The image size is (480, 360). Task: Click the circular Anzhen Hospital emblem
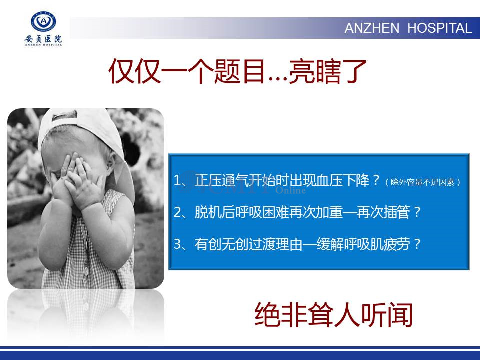(x=44, y=21)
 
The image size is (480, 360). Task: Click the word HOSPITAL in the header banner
(x=439, y=28)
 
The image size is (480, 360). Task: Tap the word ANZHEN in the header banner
(x=372, y=28)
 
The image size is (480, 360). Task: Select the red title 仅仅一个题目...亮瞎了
(x=237, y=72)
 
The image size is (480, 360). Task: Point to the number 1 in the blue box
(x=177, y=180)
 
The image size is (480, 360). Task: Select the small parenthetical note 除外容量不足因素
(x=423, y=182)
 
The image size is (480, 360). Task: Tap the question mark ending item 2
(x=416, y=212)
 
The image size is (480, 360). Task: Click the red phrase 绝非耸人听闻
(x=333, y=315)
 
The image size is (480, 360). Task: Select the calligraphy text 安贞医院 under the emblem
(x=43, y=39)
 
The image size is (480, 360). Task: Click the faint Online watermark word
(x=290, y=190)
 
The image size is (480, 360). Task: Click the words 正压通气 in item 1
(x=221, y=180)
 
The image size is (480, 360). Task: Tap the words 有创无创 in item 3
(x=221, y=244)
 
